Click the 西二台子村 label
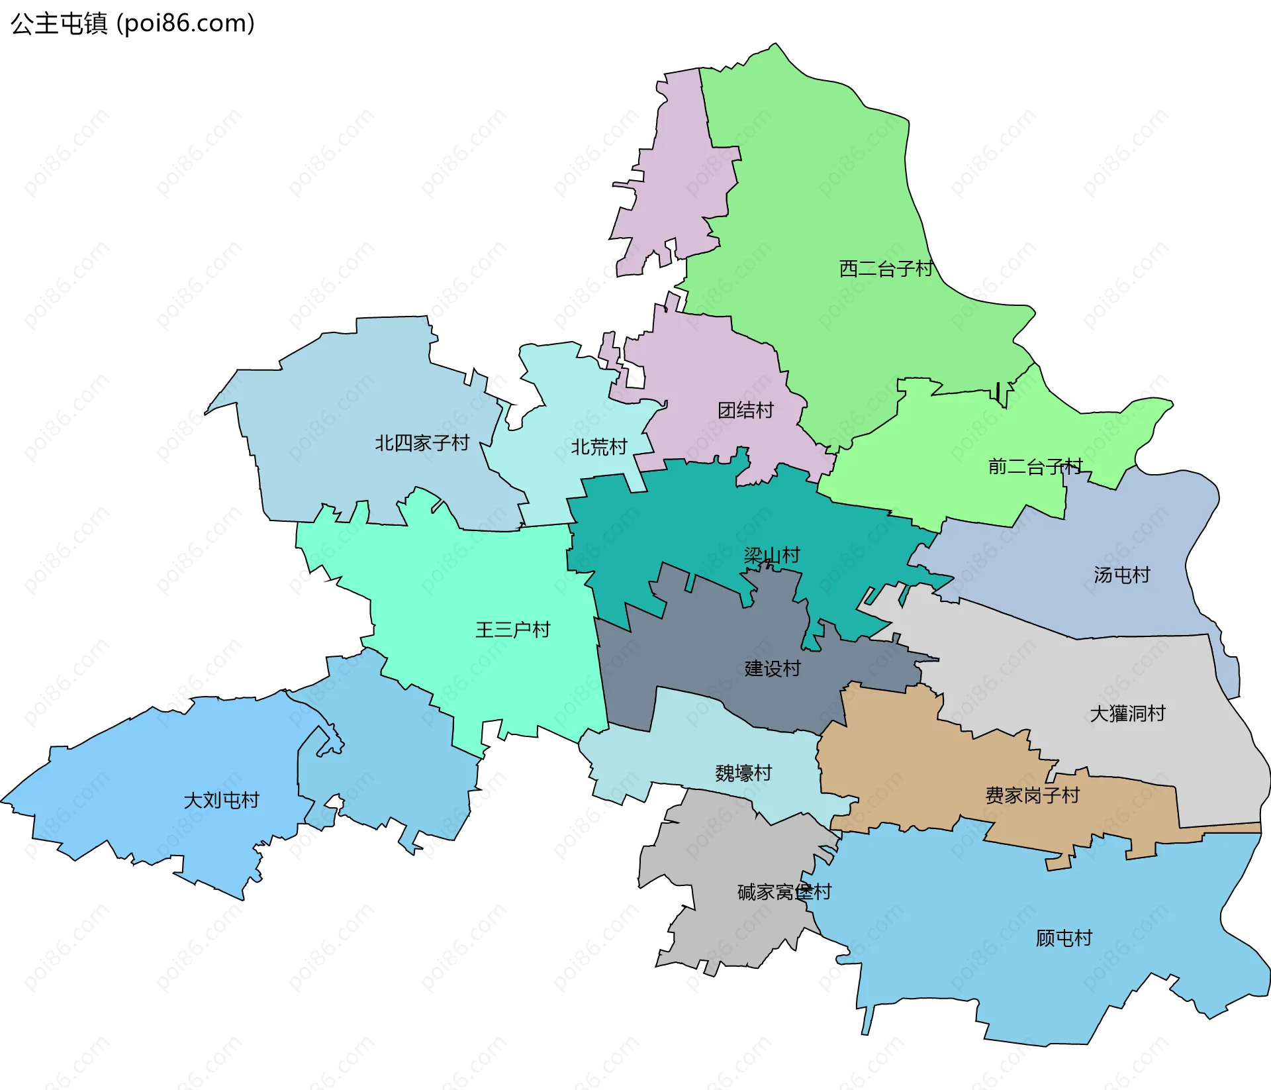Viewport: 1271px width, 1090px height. [886, 269]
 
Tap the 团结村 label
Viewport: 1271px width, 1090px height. [745, 411]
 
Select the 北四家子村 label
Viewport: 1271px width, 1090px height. [422, 443]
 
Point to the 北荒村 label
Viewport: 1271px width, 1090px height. [598, 448]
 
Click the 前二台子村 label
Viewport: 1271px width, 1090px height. [1035, 467]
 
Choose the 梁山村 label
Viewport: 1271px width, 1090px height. [772, 555]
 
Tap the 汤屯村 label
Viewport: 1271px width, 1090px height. [1121, 575]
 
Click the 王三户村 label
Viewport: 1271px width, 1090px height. [512, 630]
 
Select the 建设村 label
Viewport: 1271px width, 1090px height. [772, 669]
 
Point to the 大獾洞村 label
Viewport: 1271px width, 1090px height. [1127, 714]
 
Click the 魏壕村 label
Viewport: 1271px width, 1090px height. [743, 773]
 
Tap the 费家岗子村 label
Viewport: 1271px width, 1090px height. [1032, 795]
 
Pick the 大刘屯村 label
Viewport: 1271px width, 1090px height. [221, 801]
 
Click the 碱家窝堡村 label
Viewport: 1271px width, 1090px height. [784, 893]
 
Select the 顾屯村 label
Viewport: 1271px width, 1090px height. [1063, 938]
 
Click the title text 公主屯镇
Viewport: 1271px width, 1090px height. [59, 24]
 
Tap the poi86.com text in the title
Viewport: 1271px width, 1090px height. [185, 24]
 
